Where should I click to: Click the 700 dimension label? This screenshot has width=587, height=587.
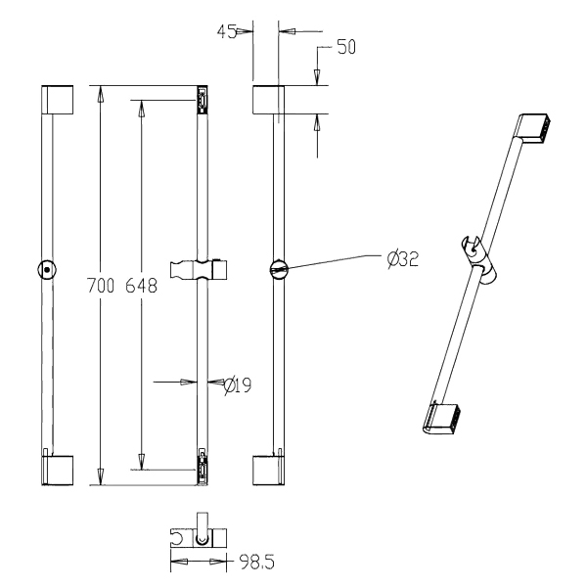101,286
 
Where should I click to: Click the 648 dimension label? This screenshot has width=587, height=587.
141,286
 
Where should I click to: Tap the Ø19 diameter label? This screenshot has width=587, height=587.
238,385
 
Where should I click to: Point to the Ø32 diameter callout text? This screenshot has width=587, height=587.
403,259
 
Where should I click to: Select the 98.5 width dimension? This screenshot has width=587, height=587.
257,563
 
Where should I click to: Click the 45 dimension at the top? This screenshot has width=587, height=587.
227,31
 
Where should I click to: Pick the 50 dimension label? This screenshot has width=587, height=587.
346,47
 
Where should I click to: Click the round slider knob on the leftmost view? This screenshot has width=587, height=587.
47,269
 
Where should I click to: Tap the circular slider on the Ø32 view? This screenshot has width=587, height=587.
278,269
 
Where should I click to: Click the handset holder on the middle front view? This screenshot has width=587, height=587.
199,269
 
